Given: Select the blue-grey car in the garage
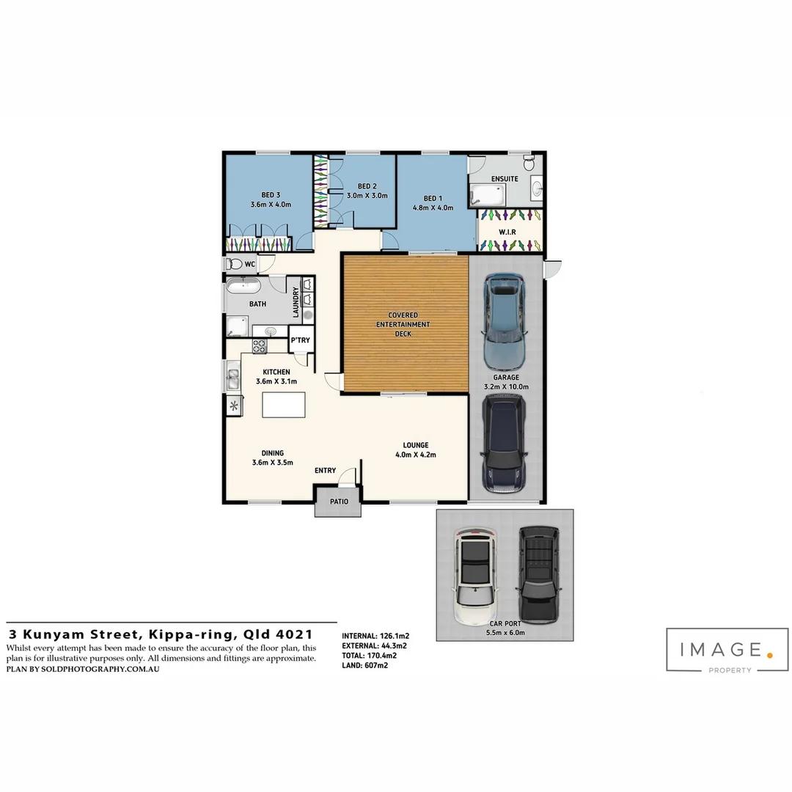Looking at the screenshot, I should click(x=505, y=320).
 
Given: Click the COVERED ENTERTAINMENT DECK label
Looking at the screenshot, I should click(x=403, y=324).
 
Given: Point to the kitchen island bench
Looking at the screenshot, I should click(x=283, y=405).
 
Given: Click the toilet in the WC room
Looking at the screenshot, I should click(x=235, y=264).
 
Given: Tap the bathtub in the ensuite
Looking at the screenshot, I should click(x=488, y=195).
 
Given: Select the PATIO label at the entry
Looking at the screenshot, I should click(x=338, y=503).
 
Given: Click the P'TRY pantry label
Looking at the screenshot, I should click(x=299, y=341).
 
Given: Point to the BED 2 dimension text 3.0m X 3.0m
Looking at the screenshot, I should click(x=367, y=196).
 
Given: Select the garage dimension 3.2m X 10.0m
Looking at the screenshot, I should click(x=506, y=386).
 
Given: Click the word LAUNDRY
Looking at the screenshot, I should click(x=296, y=302).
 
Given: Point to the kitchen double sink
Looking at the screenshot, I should click(x=233, y=379).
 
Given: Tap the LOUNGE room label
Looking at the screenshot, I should click(x=416, y=445).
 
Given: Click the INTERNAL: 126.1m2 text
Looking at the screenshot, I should click(x=375, y=636).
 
